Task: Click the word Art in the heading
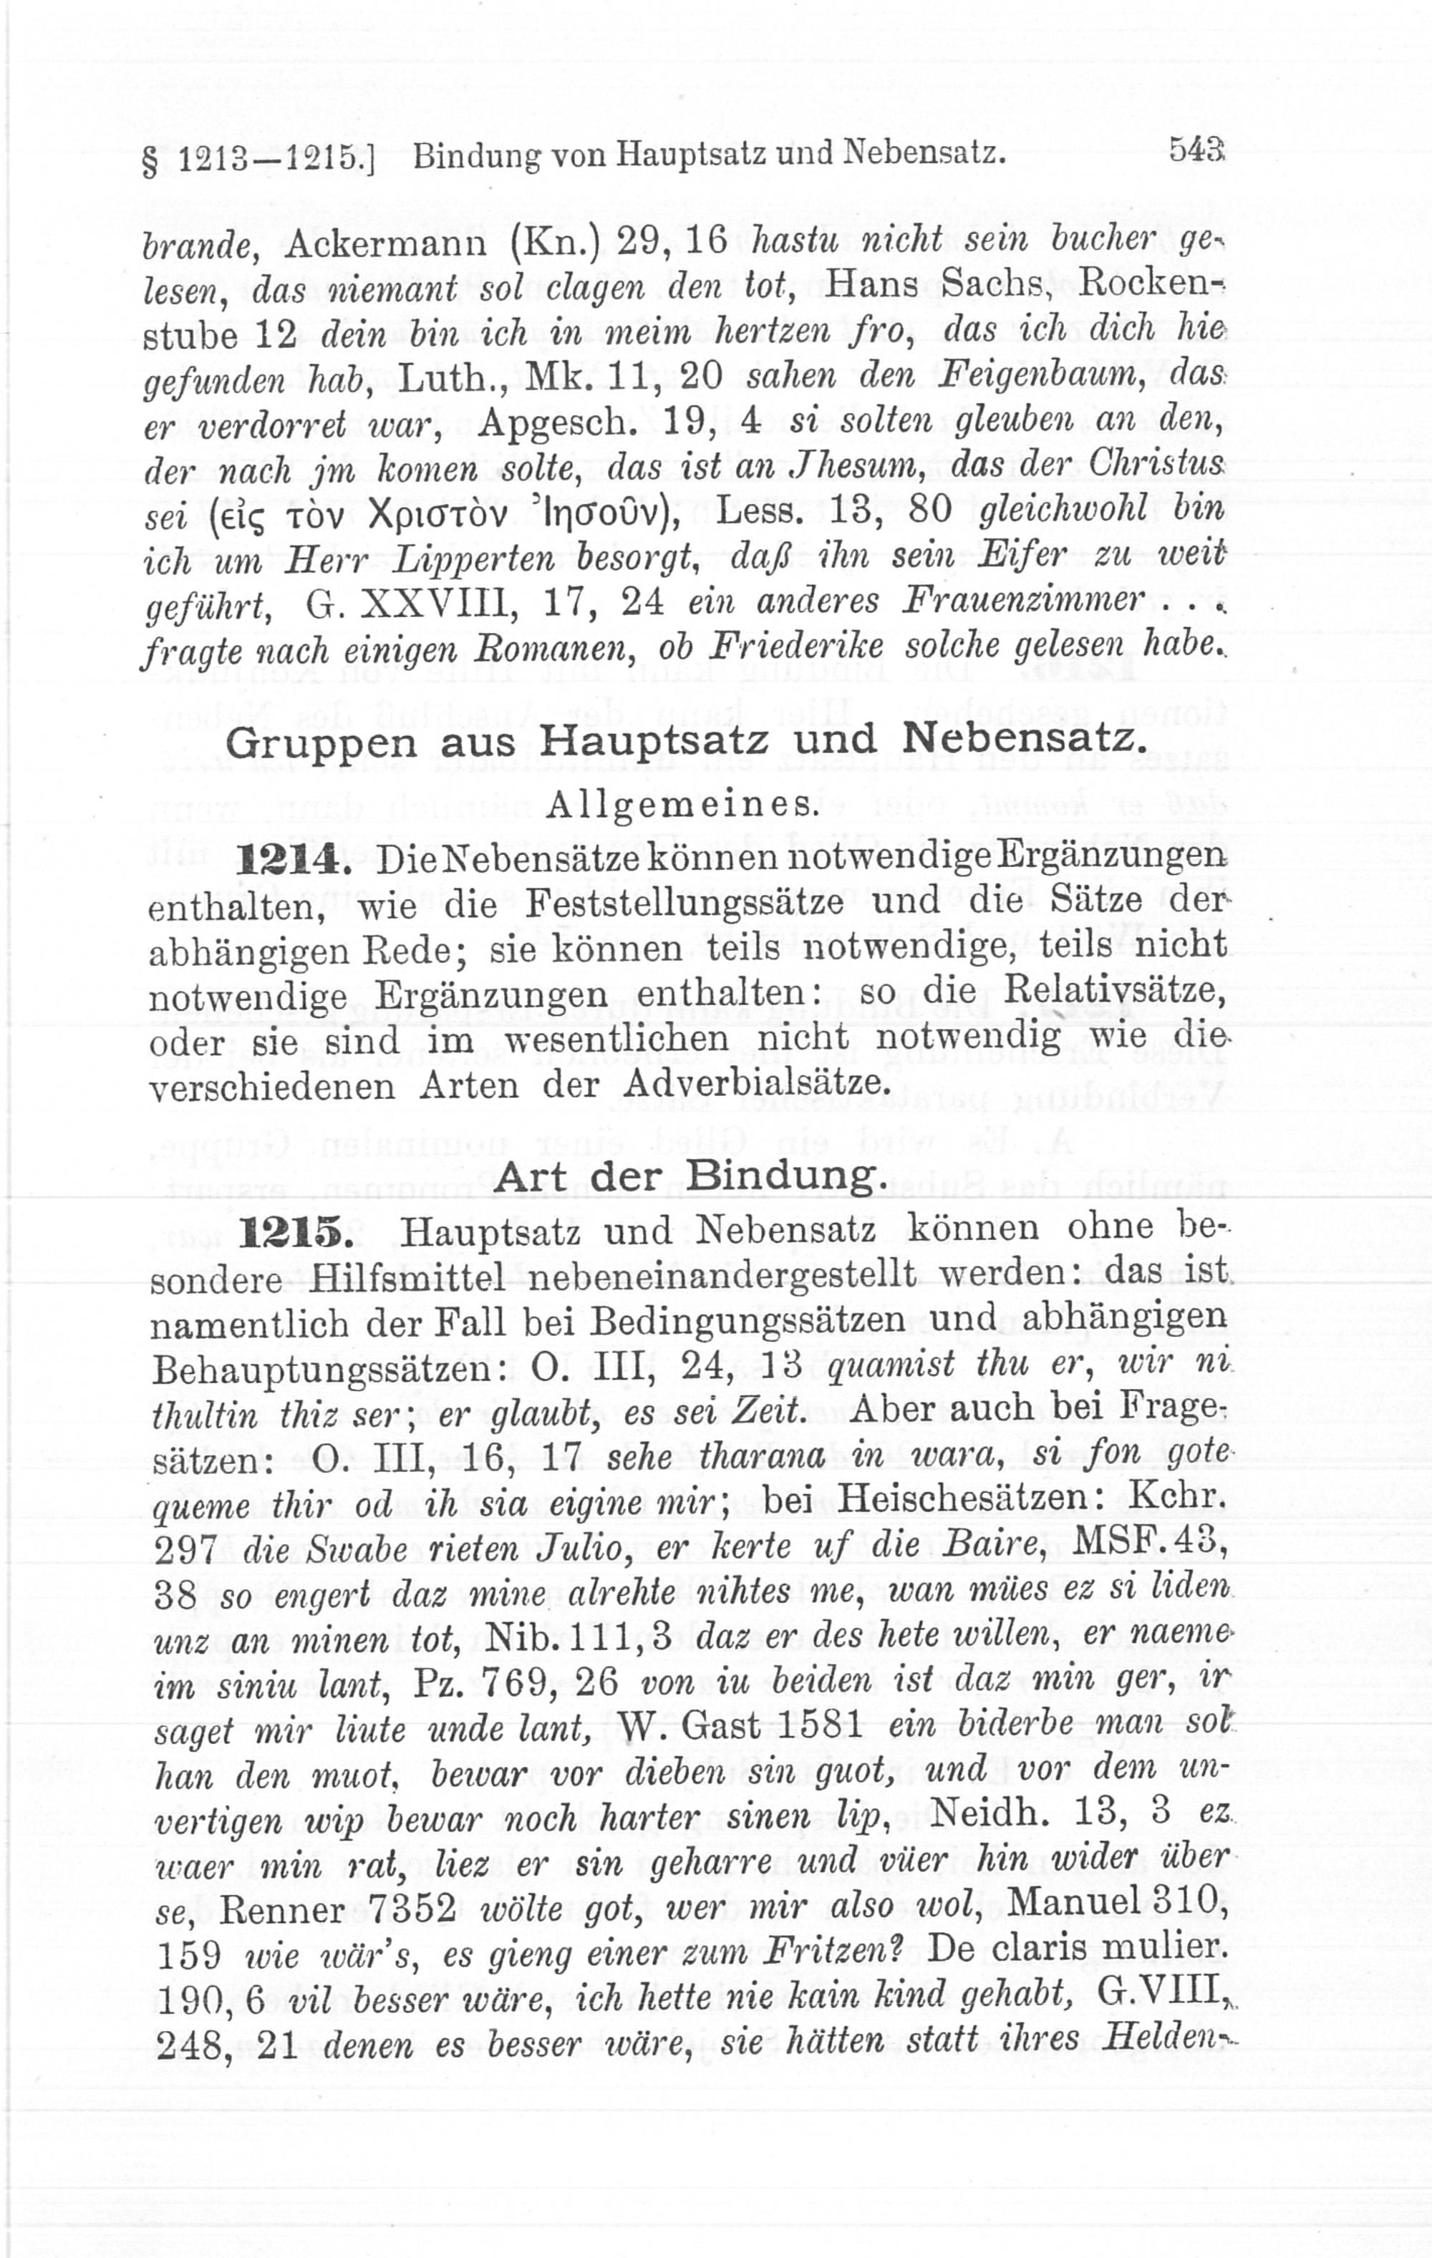click(x=530, y=1177)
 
